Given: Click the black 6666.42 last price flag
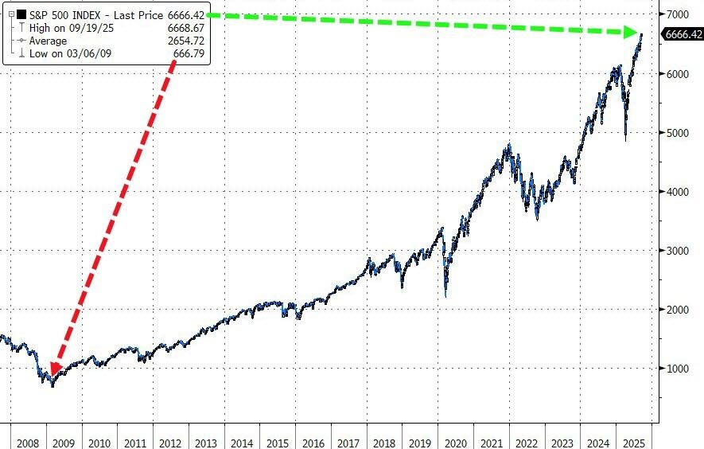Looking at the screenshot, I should tap(682, 34).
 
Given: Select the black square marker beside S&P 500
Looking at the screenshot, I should tap(23, 14).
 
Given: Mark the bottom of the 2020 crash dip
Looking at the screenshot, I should tap(446, 297).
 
